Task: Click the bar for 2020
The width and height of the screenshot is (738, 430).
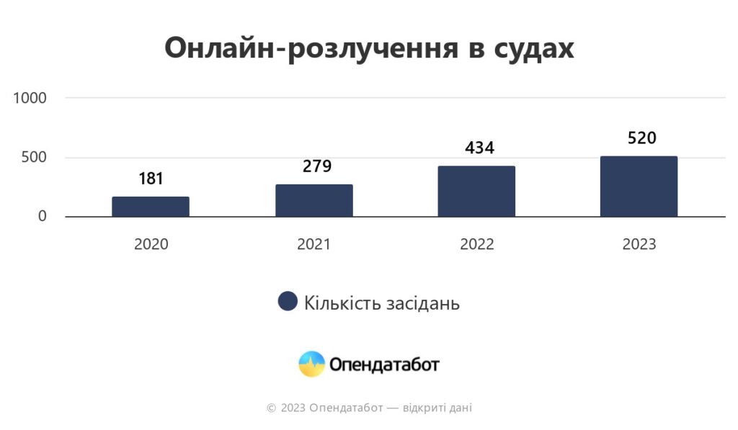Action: (151, 207)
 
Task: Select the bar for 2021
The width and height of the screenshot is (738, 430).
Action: (314, 200)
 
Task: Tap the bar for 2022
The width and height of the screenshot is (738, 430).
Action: (476, 191)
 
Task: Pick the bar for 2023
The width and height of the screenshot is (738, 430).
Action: (639, 186)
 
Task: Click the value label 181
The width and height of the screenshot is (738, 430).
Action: (151, 179)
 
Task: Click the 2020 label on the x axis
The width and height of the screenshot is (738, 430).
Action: (151, 244)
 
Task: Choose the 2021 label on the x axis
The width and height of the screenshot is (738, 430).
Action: (314, 244)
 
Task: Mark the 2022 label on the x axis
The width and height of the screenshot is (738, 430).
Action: (477, 244)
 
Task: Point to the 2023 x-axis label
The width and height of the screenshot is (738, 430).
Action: (639, 244)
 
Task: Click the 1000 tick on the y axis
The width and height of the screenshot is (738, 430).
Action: (30, 97)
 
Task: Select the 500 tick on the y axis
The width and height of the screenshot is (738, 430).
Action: (35, 157)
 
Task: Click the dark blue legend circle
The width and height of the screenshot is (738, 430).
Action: (288, 302)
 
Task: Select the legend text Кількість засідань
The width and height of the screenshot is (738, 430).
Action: (381, 303)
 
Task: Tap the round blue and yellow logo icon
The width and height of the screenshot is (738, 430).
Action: (312, 364)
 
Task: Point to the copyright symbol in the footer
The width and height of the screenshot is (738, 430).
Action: (271, 408)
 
